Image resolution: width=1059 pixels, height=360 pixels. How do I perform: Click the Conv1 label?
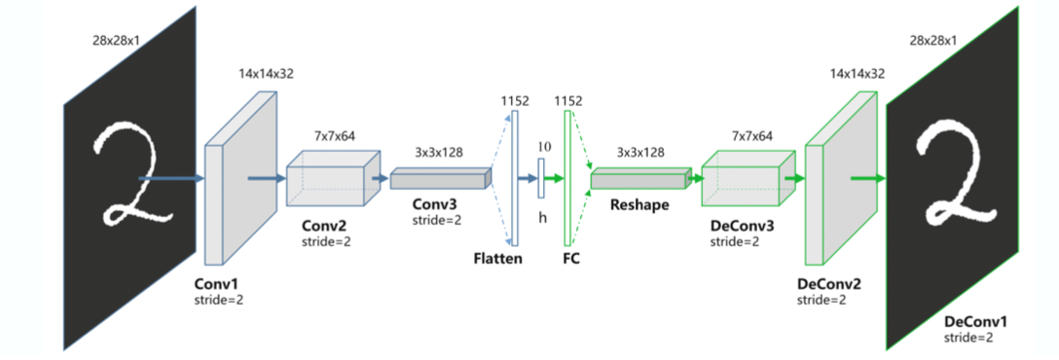pyautogui.click(x=217, y=284)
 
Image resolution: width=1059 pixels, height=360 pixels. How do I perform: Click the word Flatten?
pyautogui.click(x=498, y=259)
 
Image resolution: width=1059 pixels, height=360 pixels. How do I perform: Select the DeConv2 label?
pyautogui.click(x=827, y=284)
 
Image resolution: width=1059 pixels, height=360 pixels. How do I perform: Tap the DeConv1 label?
pyautogui.click(x=975, y=320)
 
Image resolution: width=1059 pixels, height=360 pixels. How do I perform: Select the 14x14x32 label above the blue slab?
pyautogui.click(x=265, y=74)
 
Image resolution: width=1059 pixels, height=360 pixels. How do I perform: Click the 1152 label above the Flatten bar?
pyautogui.click(x=514, y=99)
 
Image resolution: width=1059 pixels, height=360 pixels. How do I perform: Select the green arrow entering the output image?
pyautogui.click(x=867, y=178)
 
